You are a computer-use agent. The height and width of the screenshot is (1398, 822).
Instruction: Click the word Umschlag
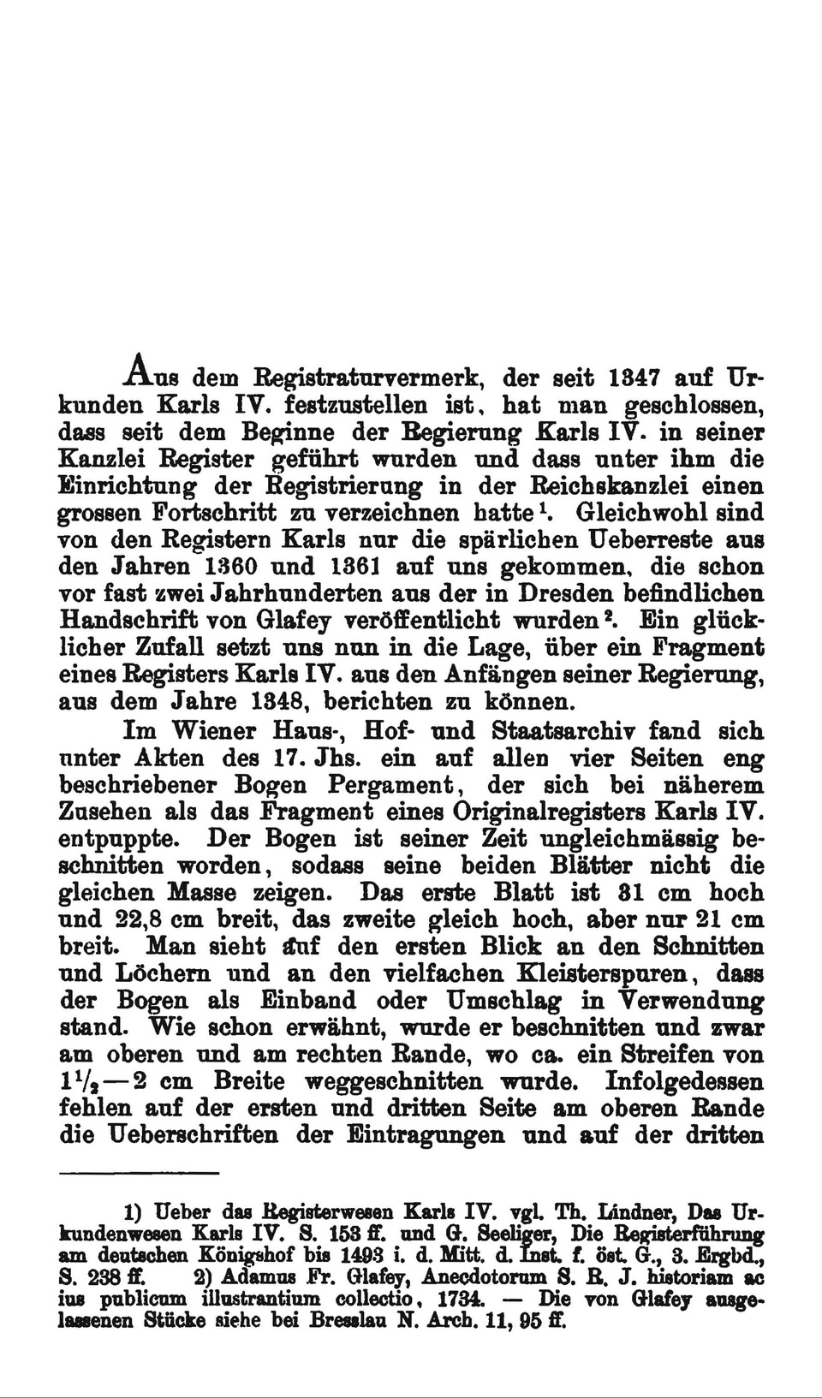click(x=498, y=1002)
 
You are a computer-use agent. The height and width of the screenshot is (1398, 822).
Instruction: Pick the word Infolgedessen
click(x=683, y=1082)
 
